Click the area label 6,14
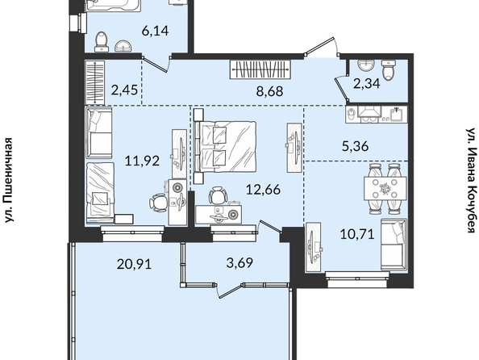[x=155, y=31]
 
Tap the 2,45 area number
[x=124, y=90]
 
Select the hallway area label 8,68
[x=270, y=91]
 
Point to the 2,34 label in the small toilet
[x=367, y=83]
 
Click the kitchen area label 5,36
[x=356, y=146]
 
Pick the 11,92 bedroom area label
[x=143, y=161]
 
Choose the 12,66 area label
[x=263, y=190]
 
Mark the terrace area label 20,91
[x=134, y=263]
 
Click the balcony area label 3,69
[x=240, y=262]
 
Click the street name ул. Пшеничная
[x=9, y=180]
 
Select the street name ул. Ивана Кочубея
[x=472, y=180]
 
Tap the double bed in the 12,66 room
[x=225, y=147]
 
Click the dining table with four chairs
[x=385, y=188]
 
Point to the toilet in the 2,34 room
[x=389, y=69]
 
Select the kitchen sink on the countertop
[x=396, y=115]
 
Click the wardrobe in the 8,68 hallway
[x=260, y=69]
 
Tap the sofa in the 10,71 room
[x=394, y=244]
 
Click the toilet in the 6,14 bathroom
[x=102, y=42]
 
